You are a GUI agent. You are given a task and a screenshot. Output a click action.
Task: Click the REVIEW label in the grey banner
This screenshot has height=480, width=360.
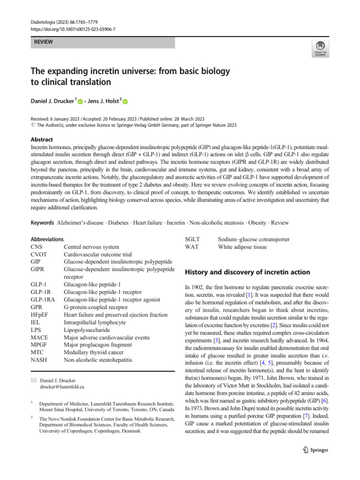point(43,42)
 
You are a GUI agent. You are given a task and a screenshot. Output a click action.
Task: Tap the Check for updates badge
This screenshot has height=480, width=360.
point(319,48)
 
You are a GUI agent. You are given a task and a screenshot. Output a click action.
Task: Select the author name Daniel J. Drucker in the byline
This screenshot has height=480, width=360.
point(52,100)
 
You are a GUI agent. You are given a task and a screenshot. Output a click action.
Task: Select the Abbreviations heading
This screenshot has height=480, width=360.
point(47,239)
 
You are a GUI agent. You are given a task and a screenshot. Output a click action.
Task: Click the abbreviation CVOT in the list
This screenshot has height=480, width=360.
point(40,254)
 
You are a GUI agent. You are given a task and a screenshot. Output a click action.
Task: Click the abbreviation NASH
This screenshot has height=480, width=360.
point(39,360)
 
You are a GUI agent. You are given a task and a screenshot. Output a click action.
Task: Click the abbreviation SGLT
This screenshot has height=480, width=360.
point(194,239)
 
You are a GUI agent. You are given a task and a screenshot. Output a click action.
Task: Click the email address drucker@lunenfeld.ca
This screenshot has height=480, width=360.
point(63,387)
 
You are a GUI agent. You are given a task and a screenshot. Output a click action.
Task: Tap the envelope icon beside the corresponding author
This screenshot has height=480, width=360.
point(33,380)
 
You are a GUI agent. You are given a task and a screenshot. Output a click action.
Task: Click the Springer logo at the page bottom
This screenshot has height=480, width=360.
point(316,450)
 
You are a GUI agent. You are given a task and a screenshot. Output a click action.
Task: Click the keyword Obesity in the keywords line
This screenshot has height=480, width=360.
point(255,222)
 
